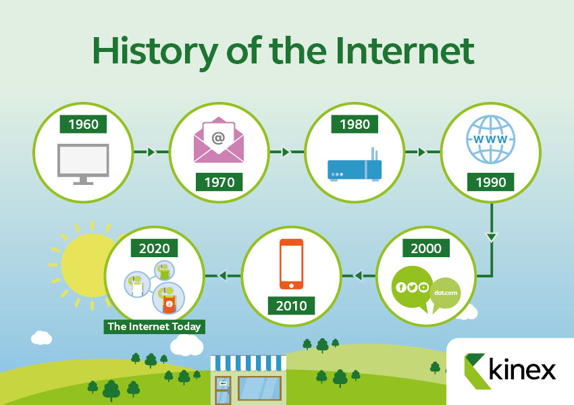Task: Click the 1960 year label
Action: (83, 124)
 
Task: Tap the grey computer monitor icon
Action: (83, 164)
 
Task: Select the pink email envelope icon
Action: (219, 140)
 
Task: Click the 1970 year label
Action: (219, 182)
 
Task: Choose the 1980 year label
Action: (355, 124)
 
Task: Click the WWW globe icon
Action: (490, 140)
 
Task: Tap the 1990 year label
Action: (490, 182)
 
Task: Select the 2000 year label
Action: (426, 248)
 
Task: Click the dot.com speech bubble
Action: (445, 294)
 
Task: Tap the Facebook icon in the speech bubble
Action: (401, 288)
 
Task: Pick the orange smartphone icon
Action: (292, 264)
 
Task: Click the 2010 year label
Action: (291, 306)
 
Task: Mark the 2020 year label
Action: (154, 248)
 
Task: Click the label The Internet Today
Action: (154, 326)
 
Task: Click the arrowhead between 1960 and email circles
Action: (151, 152)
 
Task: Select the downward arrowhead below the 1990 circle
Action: (491, 237)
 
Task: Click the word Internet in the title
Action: (405, 51)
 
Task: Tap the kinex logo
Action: (511, 371)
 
